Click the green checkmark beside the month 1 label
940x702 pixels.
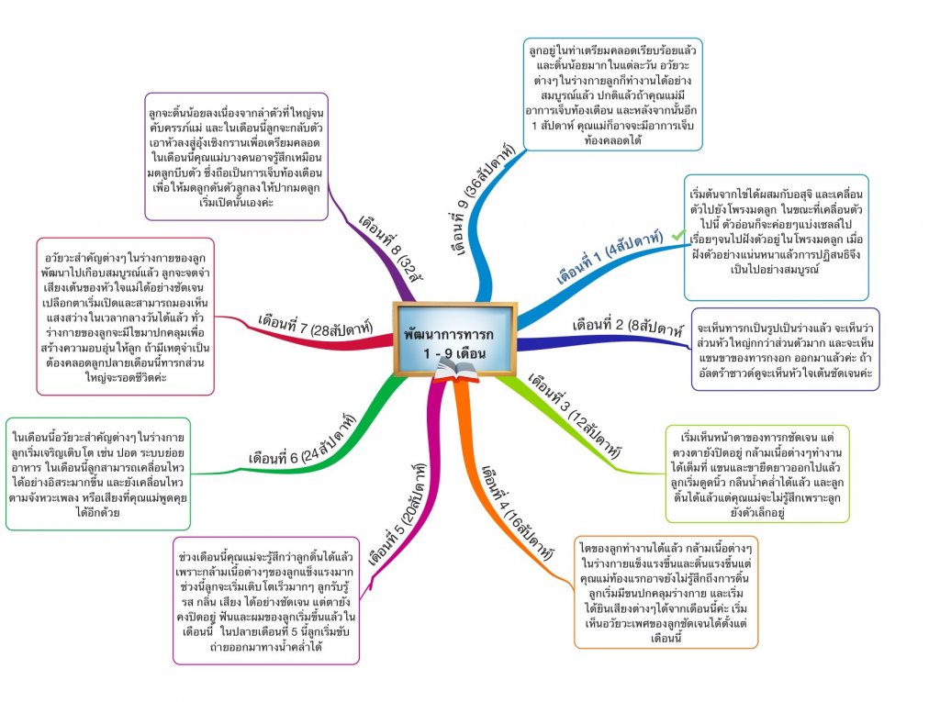click(678, 236)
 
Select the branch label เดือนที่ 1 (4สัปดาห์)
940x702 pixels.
click(612, 258)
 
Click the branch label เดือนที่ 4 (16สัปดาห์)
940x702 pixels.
click(518, 510)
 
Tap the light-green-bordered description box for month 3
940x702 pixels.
click(757, 473)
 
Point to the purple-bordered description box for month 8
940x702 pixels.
click(237, 155)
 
